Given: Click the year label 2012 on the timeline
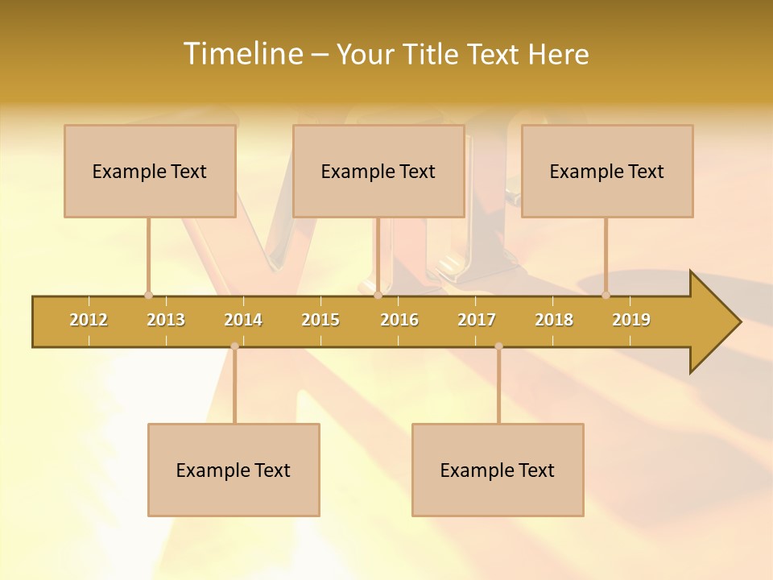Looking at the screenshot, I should [x=89, y=320].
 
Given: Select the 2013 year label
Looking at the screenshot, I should [x=166, y=320].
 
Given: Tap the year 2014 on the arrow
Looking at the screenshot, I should [x=243, y=320].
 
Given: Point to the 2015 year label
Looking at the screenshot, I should [x=320, y=320].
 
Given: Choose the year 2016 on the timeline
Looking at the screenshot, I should [x=399, y=320].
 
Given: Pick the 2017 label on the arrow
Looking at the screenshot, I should [x=477, y=320].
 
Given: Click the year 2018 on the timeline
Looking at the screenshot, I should [x=554, y=320].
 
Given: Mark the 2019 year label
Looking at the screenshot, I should [x=631, y=320].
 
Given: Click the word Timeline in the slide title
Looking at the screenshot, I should [x=242, y=54].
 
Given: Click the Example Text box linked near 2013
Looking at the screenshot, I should [x=150, y=171].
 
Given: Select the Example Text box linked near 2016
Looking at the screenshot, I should [x=378, y=171].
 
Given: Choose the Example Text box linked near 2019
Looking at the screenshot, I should [x=607, y=171].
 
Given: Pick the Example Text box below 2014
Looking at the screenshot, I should [x=234, y=470].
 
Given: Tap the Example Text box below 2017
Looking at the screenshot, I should [x=498, y=470].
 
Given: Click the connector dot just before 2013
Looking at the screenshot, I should [x=148, y=296].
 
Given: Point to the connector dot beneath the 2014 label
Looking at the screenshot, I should [x=234, y=346].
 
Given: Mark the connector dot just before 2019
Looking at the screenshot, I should [x=606, y=296].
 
